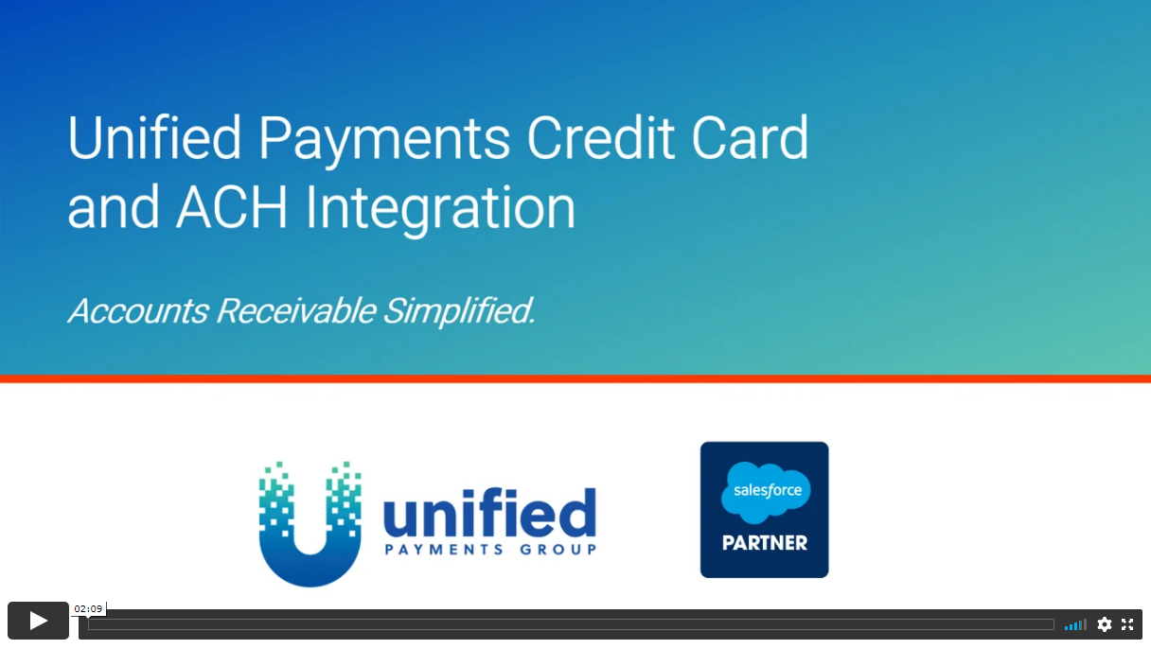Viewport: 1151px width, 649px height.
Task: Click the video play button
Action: pyautogui.click(x=38, y=621)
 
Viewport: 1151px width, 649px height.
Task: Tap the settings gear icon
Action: pyautogui.click(x=1105, y=624)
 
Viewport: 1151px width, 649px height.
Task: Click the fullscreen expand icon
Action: pyautogui.click(x=1127, y=624)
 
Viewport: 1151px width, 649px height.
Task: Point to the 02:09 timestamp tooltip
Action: pyautogui.click(x=88, y=609)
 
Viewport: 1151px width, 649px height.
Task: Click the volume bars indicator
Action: pyautogui.click(x=1075, y=624)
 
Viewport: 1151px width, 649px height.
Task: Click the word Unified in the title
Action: pyautogui.click(x=154, y=137)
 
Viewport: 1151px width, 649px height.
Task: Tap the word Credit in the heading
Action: pyautogui.click(x=600, y=137)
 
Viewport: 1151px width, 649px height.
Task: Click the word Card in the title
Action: pyautogui.click(x=750, y=137)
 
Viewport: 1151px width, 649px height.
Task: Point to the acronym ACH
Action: pyautogui.click(x=232, y=207)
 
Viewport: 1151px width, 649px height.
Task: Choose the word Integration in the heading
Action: pyautogui.click(x=440, y=211)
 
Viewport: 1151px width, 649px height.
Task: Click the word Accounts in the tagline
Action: pyautogui.click(x=138, y=310)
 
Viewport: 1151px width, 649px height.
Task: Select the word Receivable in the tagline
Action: pyautogui.click(x=296, y=310)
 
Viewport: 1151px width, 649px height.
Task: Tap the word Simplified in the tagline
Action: pyautogui.click(x=459, y=311)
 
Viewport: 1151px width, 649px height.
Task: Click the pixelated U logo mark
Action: pyautogui.click(x=310, y=524)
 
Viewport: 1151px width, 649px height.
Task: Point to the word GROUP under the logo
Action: pyautogui.click(x=558, y=550)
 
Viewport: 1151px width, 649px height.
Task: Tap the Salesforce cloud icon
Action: pyautogui.click(x=766, y=492)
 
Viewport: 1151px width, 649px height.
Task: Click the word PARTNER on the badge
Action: pyautogui.click(x=765, y=543)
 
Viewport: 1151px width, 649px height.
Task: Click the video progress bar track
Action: pyautogui.click(x=571, y=624)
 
